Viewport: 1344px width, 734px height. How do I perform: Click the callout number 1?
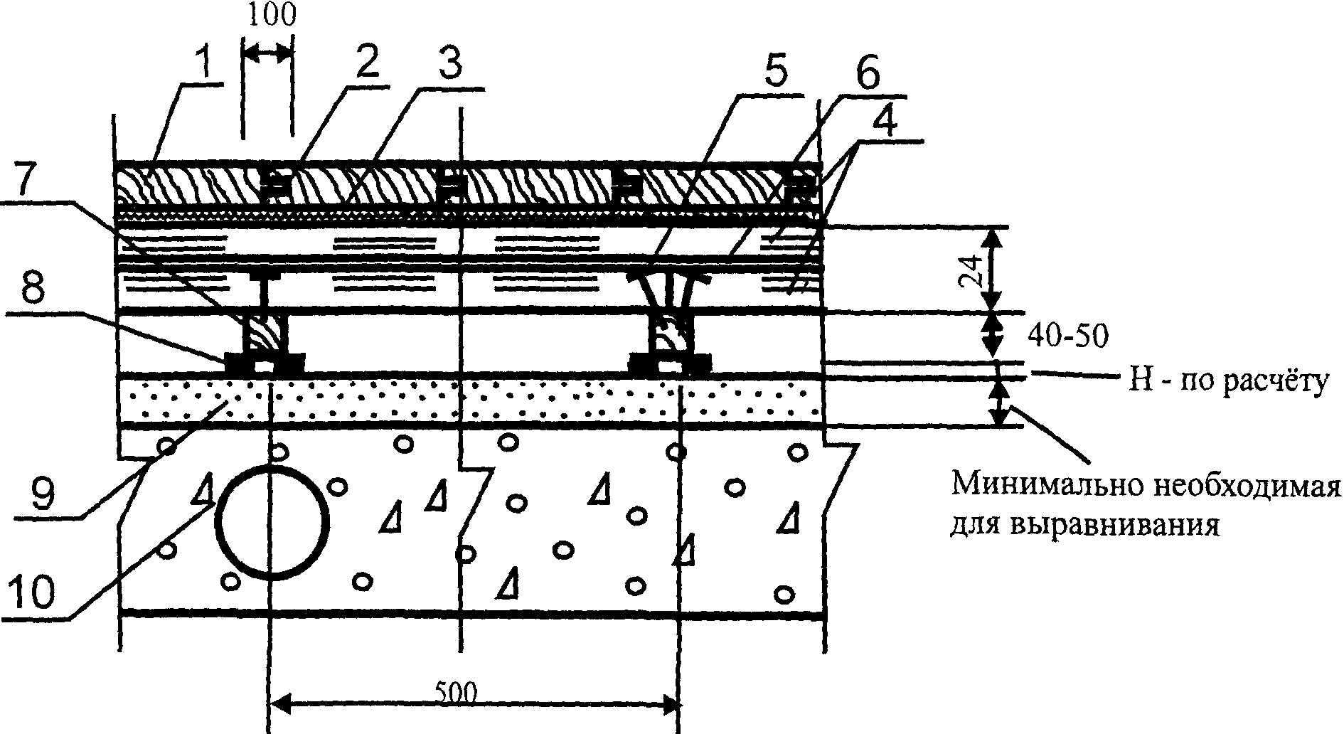204,63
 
